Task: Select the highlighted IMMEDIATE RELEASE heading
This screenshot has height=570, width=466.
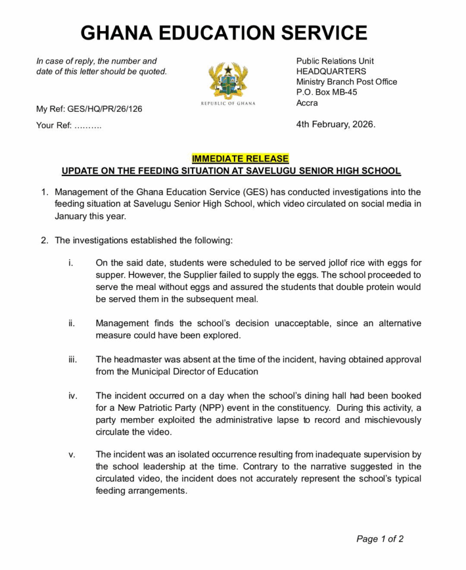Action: coord(240,159)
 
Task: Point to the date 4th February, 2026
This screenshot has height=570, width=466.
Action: coord(336,124)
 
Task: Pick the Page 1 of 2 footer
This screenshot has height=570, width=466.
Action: coord(380,539)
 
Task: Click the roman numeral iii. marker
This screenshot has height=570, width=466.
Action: coord(72,360)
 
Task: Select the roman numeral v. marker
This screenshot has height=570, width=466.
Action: coord(71,455)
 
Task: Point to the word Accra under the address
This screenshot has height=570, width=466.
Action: coord(307,103)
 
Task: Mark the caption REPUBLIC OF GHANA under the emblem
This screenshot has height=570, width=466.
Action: coord(227,104)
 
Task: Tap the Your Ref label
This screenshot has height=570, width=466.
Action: coord(53,125)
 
